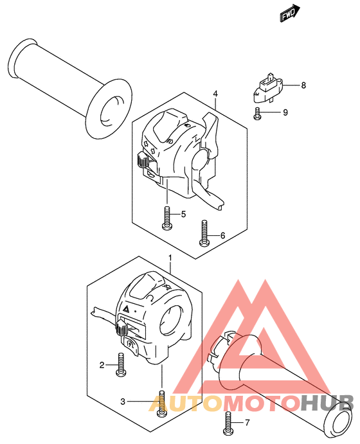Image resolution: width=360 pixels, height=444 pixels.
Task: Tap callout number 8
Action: point(303,85)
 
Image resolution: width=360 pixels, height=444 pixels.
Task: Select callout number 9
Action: point(285,112)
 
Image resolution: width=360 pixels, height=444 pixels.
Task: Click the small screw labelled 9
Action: point(257,114)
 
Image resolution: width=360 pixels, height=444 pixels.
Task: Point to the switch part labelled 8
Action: point(267,88)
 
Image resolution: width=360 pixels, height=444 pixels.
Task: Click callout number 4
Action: point(215,94)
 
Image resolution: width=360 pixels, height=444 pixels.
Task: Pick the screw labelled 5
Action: point(167,218)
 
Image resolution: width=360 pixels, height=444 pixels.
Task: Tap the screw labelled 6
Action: point(204,233)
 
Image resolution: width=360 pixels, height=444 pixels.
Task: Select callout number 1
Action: point(170,258)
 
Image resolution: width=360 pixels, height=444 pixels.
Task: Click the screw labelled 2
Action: point(122,365)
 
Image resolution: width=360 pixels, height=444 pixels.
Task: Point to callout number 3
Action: point(123,402)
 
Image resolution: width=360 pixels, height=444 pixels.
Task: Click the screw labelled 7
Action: point(228,423)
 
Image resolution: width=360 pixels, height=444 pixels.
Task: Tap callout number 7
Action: point(248,423)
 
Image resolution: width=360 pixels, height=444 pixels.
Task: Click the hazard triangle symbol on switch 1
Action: point(126,309)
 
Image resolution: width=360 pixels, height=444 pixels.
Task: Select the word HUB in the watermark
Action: point(327,403)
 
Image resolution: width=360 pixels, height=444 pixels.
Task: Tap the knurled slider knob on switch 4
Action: point(143,161)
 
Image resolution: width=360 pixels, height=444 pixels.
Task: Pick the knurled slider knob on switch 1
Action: point(122,328)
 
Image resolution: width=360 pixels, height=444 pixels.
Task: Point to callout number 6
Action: point(223,235)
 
